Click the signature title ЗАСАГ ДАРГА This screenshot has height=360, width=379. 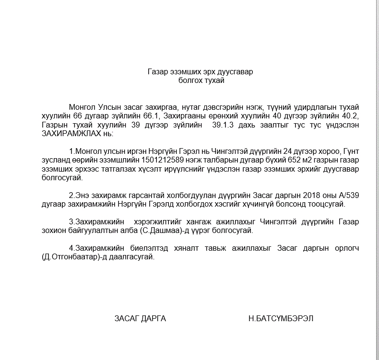click(140, 319)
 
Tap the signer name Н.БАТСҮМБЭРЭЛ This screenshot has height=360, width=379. click(281, 319)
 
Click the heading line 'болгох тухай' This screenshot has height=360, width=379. click(201, 81)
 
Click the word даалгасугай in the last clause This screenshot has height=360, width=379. click(129, 257)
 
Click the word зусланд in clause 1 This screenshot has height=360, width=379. click(56, 160)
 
